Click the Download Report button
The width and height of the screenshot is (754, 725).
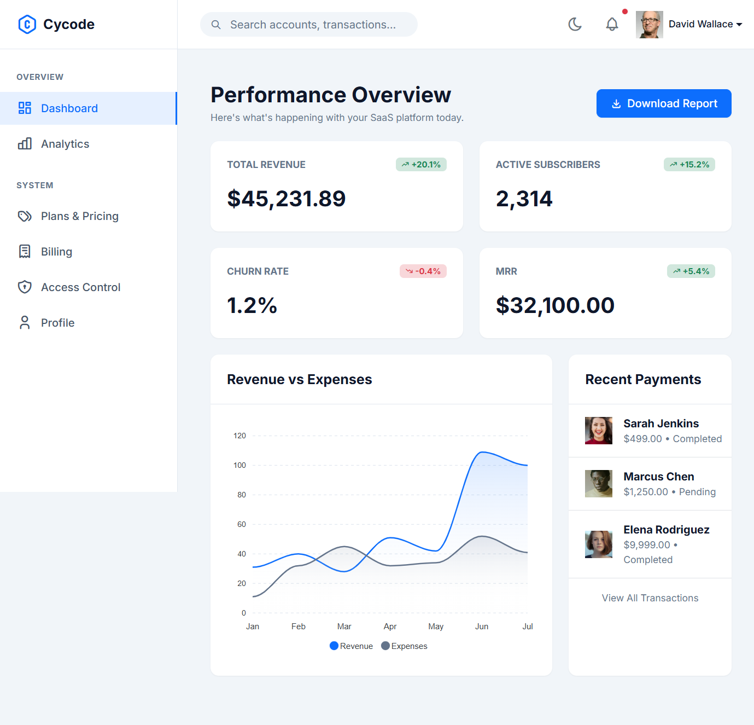(663, 103)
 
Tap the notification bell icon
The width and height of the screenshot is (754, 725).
(612, 24)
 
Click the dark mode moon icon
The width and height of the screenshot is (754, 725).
(575, 24)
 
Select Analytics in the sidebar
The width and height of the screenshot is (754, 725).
(65, 144)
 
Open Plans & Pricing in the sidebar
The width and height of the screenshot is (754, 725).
(79, 216)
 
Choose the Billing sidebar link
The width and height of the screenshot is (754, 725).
(56, 252)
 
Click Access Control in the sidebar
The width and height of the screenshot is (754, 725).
(80, 287)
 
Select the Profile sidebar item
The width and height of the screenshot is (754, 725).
(57, 323)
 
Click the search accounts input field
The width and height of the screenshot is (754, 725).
(313, 25)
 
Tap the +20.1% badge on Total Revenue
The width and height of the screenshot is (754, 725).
(421, 165)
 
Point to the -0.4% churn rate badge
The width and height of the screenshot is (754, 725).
(423, 271)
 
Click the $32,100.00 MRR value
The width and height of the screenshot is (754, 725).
(555, 305)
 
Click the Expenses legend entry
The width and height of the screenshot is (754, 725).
(405, 646)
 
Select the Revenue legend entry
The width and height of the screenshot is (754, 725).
(351, 646)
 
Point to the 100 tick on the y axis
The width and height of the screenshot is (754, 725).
(239, 465)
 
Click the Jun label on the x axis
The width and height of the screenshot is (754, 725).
(482, 627)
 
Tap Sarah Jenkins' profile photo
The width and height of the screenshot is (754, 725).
(599, 431)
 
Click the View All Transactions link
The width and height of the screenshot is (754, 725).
(650, 598)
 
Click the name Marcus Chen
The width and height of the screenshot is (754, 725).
(659, 477)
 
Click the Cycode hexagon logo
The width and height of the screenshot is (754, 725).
(27, 24)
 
